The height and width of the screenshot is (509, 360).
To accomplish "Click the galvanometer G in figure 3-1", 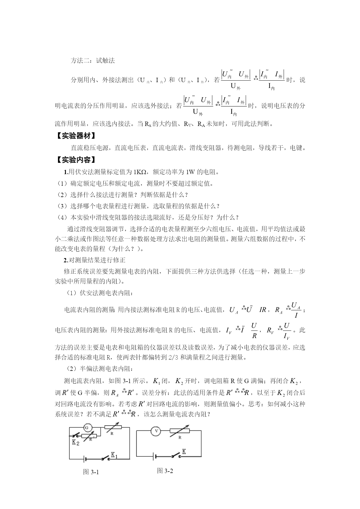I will pos(88,427).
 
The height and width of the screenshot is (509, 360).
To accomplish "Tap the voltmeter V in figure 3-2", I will pos(156,431).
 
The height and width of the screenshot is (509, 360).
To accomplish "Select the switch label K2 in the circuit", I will pos(75,443).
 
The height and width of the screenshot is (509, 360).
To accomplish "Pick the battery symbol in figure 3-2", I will pos(154,456).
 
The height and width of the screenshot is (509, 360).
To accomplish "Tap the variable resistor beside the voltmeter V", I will pos(179,431).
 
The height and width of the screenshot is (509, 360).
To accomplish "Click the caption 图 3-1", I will pos(91,472).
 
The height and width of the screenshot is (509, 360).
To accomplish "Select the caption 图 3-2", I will pos(165,471).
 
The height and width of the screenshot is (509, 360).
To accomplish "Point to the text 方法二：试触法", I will pos(93,61).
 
